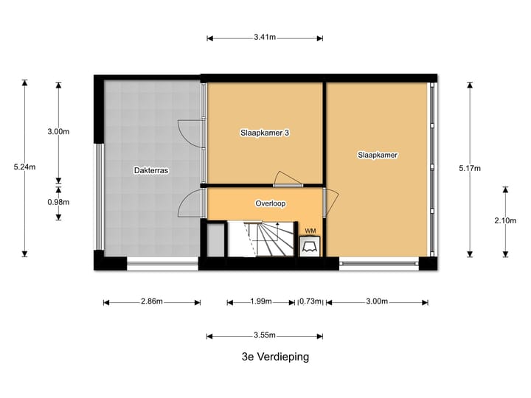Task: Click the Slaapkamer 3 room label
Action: pos(264,133)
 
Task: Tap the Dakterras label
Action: pos(151,170)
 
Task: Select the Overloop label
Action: pos(270,203)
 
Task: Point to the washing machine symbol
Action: pos(310,246)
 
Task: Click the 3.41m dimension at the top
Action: pos(265,36)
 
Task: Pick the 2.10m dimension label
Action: pos(505,220)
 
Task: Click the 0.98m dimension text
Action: pos(58,202)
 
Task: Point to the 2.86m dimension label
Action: pos(151,301)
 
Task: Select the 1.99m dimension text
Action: pos(260,301)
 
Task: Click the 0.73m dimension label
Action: pos(310,301)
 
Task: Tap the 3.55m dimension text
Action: pos(265,335)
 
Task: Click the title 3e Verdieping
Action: pos(275,357)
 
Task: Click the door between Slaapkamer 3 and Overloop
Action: pos(288,179)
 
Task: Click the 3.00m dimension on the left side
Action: pos(58,132)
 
